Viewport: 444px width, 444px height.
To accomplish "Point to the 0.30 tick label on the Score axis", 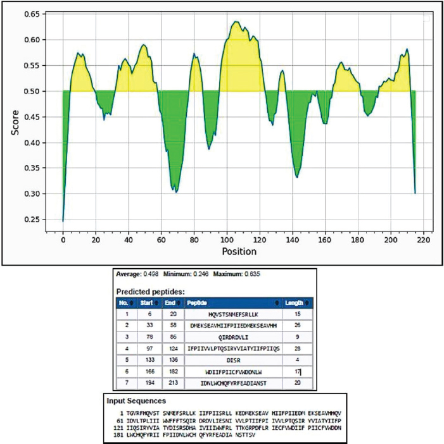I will point(30,194).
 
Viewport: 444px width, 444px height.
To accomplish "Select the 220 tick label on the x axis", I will point(424,240).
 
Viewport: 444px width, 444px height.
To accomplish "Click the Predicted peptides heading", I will point(150,291).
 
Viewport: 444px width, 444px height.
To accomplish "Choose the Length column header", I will point(293,303).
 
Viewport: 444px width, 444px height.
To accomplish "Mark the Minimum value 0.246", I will point(201,274).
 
